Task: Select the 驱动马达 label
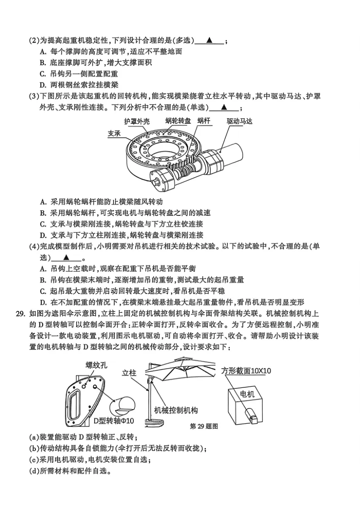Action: coord(239,121)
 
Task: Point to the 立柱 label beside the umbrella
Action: coord(129,373)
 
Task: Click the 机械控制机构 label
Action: coord(176,410)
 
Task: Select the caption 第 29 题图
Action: coord(204,426)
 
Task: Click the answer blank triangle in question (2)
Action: coord(209,40)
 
